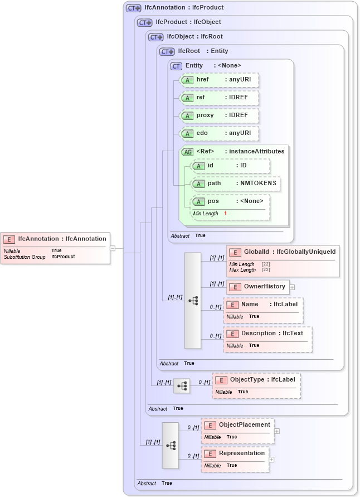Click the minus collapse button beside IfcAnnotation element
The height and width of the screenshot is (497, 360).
pos(112,248)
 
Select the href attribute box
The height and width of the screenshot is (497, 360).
pos(219,80)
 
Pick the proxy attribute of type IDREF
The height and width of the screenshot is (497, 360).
pos(219,115)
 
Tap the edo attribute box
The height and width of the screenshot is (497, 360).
pos(219,133)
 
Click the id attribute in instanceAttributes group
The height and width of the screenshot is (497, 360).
pos(230,166)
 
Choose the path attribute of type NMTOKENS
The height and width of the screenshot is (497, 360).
pos(236,184)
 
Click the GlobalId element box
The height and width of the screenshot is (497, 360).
pos(283,260)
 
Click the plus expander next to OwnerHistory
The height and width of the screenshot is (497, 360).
pos(292,287)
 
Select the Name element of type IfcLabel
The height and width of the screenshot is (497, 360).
pos(263,310)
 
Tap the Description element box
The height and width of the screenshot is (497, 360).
pos(267,339)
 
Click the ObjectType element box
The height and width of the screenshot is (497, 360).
pos(256,385)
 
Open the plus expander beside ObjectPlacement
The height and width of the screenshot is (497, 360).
pos(277,431)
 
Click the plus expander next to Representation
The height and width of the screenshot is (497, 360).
pos(271,460)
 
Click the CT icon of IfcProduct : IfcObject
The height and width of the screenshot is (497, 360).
pos(145,23)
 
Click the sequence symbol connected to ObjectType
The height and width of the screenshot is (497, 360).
pos(182,385)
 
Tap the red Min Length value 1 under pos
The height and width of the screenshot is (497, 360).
pos(225,214)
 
